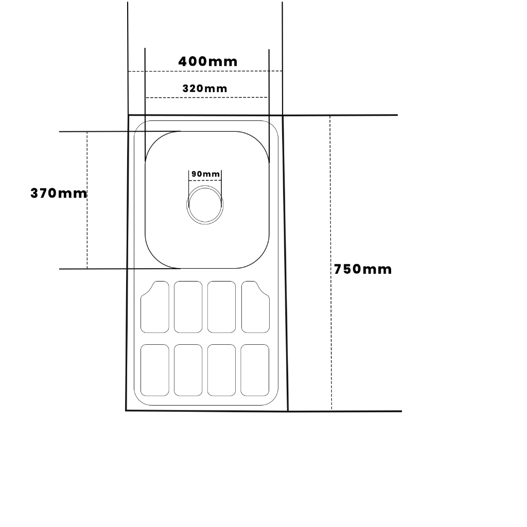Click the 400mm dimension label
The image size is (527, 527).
click(x=208, y=62)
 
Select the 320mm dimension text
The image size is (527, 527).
click(x=205, y=89)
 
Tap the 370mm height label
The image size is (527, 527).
click(x=59, y=194)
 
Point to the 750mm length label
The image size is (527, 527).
click(x=363, y=269)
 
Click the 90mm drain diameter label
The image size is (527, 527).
click(x=205, y=174)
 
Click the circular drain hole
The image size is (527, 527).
click(x=205, y=205)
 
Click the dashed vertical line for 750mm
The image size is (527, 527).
click(x=331, y=263)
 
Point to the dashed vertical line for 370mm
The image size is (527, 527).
click(x=87, y=200)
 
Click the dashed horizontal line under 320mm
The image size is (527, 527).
click(x=207, y=97)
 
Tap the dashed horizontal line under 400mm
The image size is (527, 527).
click(x=205, y=71)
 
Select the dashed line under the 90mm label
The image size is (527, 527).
click(x=205, y=181)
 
